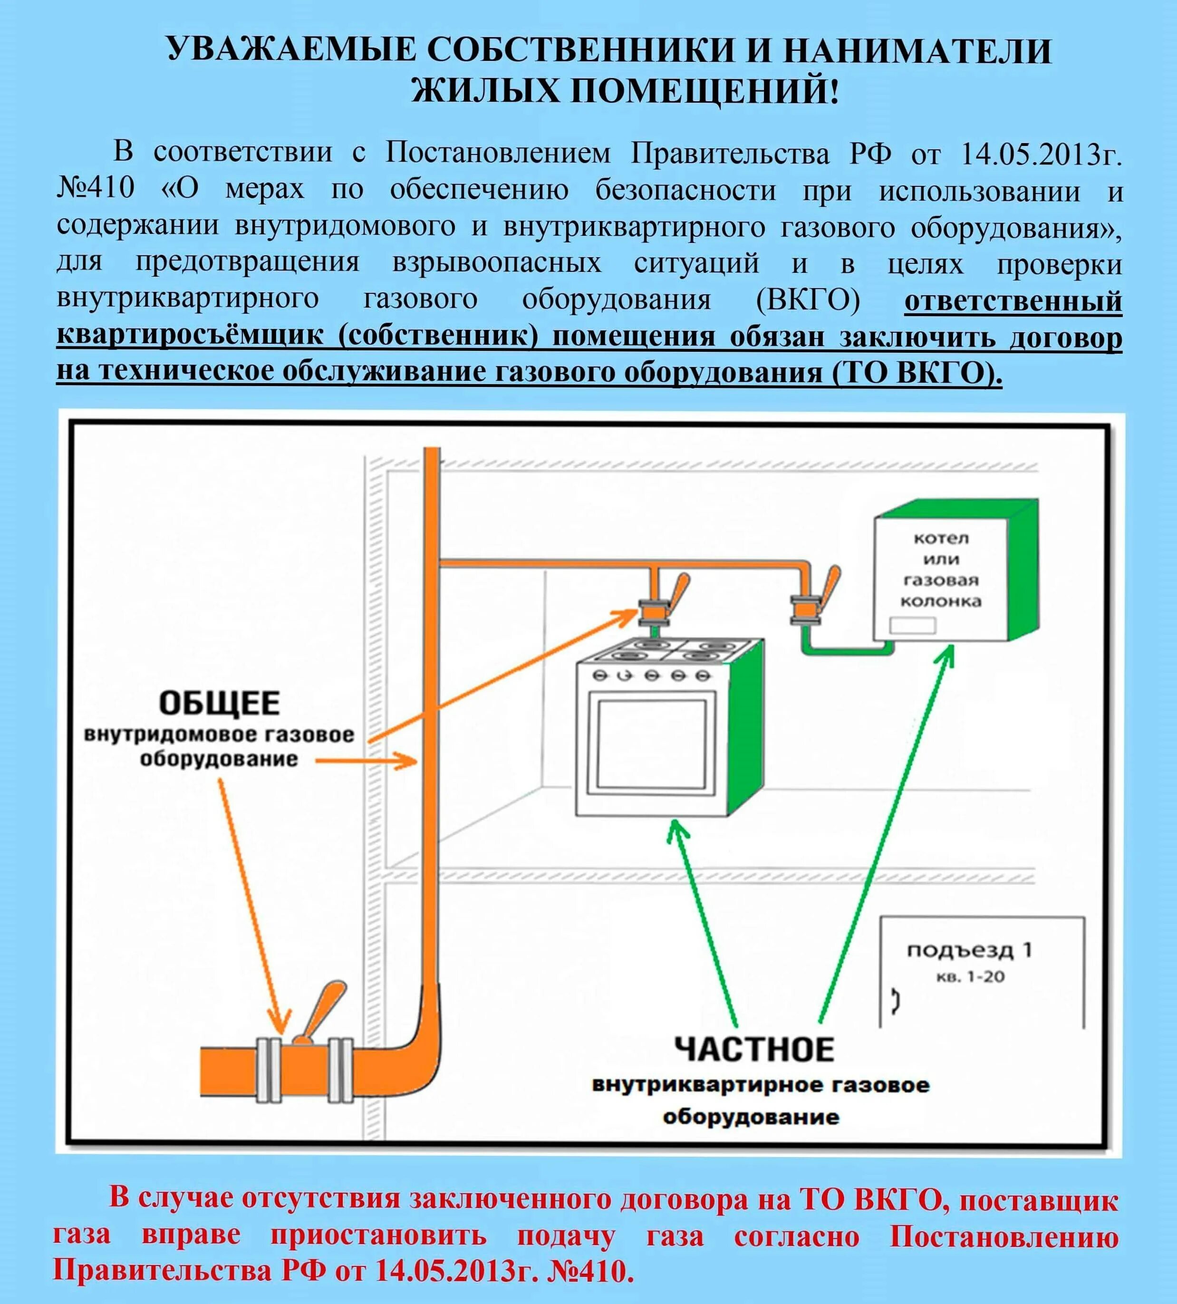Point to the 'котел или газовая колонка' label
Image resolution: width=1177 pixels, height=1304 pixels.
941,569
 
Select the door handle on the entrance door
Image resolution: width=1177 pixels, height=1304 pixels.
896,1001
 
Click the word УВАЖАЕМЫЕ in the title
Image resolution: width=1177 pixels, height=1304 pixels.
290,50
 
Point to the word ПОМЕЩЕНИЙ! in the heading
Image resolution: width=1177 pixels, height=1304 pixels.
705,90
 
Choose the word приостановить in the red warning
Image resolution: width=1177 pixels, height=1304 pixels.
378,1236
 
